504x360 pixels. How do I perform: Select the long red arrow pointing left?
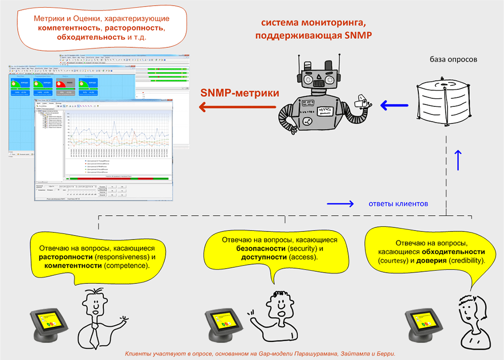[x=237, y=107]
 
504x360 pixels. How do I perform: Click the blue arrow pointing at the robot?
[x=393, y=106]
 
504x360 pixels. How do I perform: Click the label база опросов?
[x=453, y=59]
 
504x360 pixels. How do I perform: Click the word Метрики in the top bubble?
[x=48, y=18]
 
